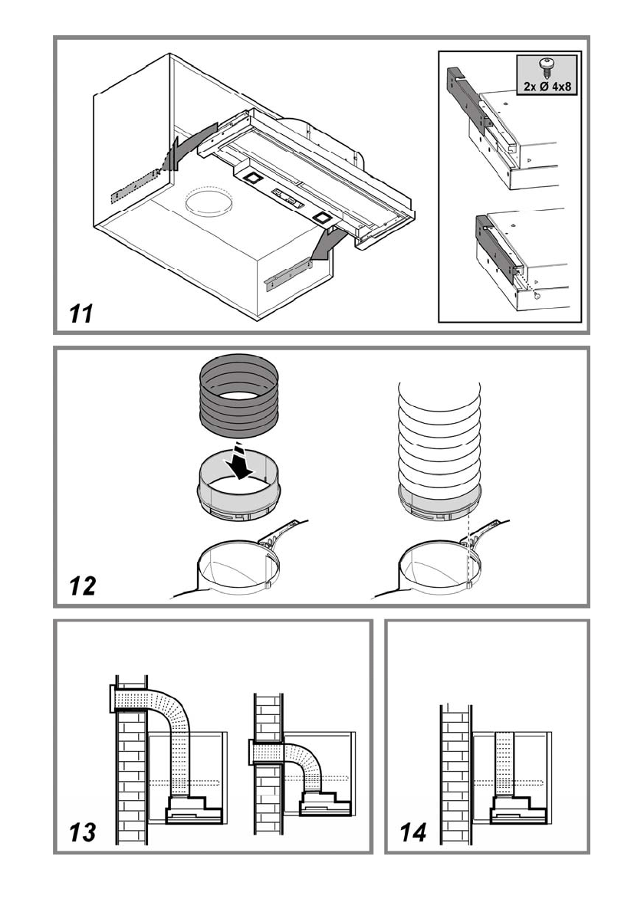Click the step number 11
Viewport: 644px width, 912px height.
coord(77,313)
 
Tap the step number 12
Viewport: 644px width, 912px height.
coord(82,586)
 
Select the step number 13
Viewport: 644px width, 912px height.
coord(81,832)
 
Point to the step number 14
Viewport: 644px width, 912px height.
coord(414,832)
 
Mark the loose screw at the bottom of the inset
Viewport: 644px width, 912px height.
coord(537,294)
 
